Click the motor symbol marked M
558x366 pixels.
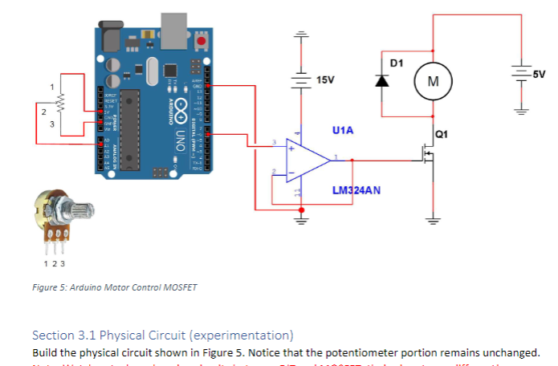pyautogui.click(x=433, y=81)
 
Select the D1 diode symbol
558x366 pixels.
pyautogui.click(x=383, y=80)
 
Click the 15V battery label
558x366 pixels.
pyautogui.click(x=325, y=80)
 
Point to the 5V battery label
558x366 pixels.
pyautogui.click(x=539, y=74)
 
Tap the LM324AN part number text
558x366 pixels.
pyautogui.click(x=356, y=190)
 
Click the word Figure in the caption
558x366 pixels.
pyautogui.click(x=44, y=287)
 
